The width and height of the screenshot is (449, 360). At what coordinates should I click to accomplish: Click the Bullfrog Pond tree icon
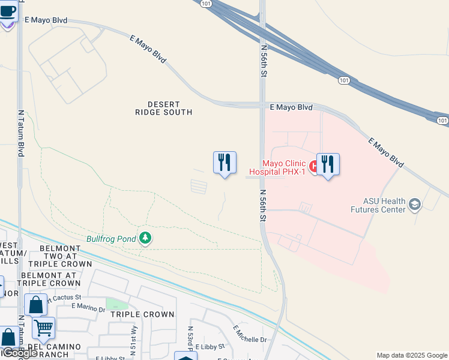pos(145,239)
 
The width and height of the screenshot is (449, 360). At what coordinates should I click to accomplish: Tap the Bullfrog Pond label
pos(111,239)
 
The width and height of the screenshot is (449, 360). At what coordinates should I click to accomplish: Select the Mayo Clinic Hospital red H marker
pos(313,164)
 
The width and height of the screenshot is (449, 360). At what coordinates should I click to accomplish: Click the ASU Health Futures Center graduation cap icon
pos(414,205)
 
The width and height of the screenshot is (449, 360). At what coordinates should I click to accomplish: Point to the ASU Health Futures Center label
pos(384,205)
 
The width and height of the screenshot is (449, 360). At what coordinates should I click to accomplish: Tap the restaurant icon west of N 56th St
pos(224,162)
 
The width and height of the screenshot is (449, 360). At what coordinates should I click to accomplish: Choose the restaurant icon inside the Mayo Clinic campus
pos(328,164)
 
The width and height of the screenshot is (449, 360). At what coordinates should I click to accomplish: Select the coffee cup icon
pos(8,11)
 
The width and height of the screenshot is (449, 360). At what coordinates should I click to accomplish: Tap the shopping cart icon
pos(43,328)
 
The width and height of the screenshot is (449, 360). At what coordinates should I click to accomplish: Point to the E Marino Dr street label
pos(88,308)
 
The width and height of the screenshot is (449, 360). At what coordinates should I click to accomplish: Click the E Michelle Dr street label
pos(250,335)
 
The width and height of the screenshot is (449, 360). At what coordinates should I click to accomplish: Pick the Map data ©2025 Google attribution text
pos(411,355)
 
